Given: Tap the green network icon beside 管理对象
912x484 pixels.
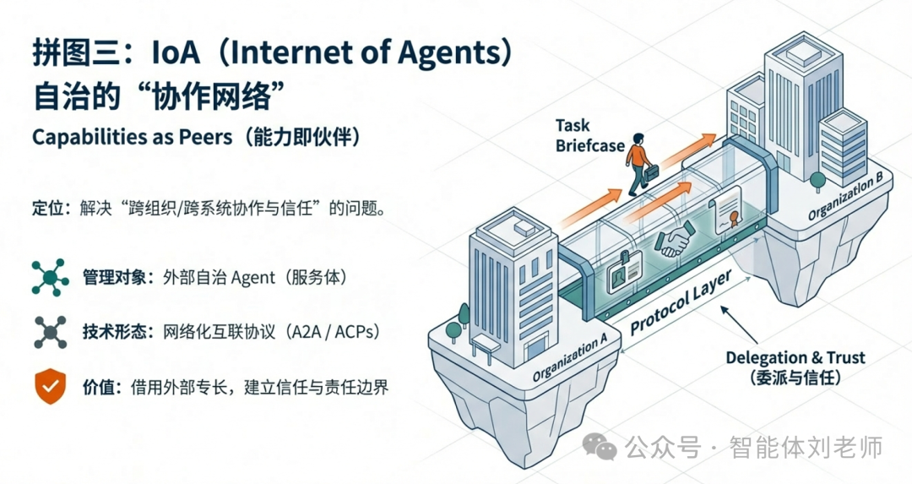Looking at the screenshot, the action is tap(50, 277).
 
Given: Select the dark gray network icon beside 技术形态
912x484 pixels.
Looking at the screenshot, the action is tap(50, 332).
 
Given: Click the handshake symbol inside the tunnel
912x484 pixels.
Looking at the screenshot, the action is tap(675, 240).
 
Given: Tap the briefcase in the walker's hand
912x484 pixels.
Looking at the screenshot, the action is tap(651, 176).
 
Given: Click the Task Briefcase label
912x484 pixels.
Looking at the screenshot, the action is tap(589, 135).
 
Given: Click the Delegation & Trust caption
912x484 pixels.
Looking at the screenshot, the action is tap(795, 367).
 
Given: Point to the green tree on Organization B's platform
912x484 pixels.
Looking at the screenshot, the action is tap(816, 180).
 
